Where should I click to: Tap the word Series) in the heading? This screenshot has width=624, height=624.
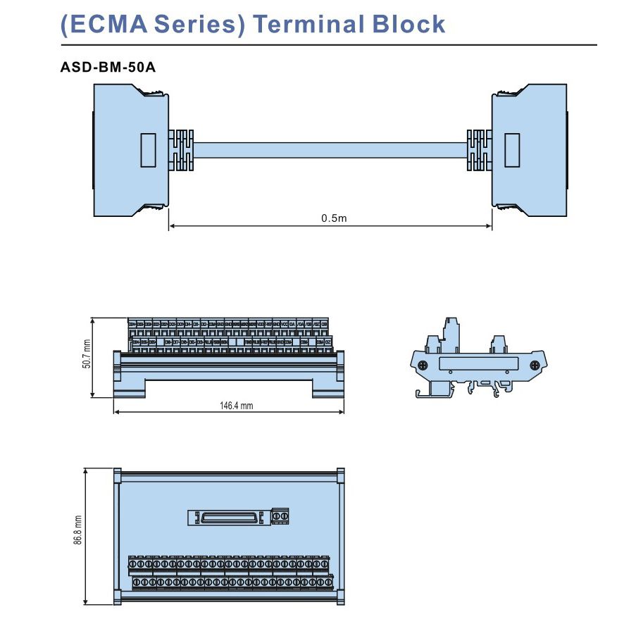click(x=196, y=24)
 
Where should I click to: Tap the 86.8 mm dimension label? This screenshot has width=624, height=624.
click(x=78, y=530)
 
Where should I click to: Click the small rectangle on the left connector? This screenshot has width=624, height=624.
click(x=148, y=150)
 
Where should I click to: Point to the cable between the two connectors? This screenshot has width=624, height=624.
click(x=331, y=150)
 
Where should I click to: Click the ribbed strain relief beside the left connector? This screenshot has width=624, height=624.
click(x=181, y=150)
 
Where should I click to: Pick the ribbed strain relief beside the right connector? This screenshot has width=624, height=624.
click(x=479, y=150)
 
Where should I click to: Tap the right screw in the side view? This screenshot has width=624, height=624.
click(x=535, y=365)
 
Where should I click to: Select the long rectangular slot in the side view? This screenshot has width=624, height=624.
click(x=478, y=365)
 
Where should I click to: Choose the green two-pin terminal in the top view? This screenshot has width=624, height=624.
click(x=282, y=517)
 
